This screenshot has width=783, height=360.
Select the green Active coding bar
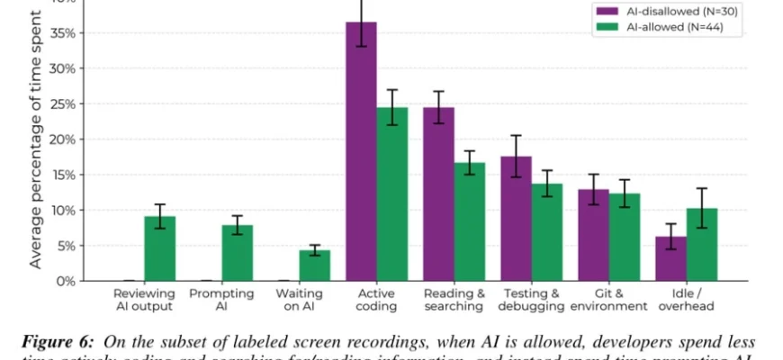click(391, 194)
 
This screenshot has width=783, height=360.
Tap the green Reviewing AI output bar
click(159, 248)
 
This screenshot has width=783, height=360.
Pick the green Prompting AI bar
click(237, 253)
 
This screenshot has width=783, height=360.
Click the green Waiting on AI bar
click(314, 265)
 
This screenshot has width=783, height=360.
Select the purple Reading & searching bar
click(438, 194)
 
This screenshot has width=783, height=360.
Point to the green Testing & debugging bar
click(546, 232)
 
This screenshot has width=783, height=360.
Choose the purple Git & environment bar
click(593, 235)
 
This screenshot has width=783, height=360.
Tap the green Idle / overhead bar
click(701, 245)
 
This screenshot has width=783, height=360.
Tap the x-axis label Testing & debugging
click(533, 300)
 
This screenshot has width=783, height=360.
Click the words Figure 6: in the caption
click(63, 342)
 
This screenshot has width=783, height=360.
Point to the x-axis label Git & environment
click(609, 300)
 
